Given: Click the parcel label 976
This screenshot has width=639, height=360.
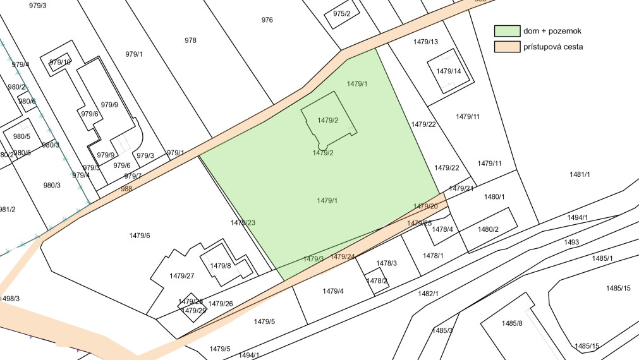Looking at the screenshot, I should click(267, 20).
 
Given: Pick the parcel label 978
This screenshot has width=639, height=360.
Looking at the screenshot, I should click(190, 40).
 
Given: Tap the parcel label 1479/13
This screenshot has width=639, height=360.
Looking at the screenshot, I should click(425, 42).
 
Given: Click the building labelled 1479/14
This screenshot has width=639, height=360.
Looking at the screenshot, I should click(449, 71).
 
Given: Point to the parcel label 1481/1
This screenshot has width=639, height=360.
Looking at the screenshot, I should click(579, 174).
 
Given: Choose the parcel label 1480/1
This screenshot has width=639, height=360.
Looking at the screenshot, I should click(494, 197).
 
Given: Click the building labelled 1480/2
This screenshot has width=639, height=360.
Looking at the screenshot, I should click(489, 229).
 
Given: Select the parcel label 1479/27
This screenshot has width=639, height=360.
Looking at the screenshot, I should click(181, 276).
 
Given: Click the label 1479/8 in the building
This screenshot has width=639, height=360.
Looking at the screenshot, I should click(221, 266).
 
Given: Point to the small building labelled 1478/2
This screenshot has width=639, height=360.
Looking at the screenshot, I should click(377, 280).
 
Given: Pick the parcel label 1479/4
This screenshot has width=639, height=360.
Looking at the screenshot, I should click(333, 291).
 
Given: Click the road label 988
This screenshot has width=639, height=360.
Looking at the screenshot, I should click(126, 188).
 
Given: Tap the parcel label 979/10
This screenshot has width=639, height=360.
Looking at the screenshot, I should click(60, 62).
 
